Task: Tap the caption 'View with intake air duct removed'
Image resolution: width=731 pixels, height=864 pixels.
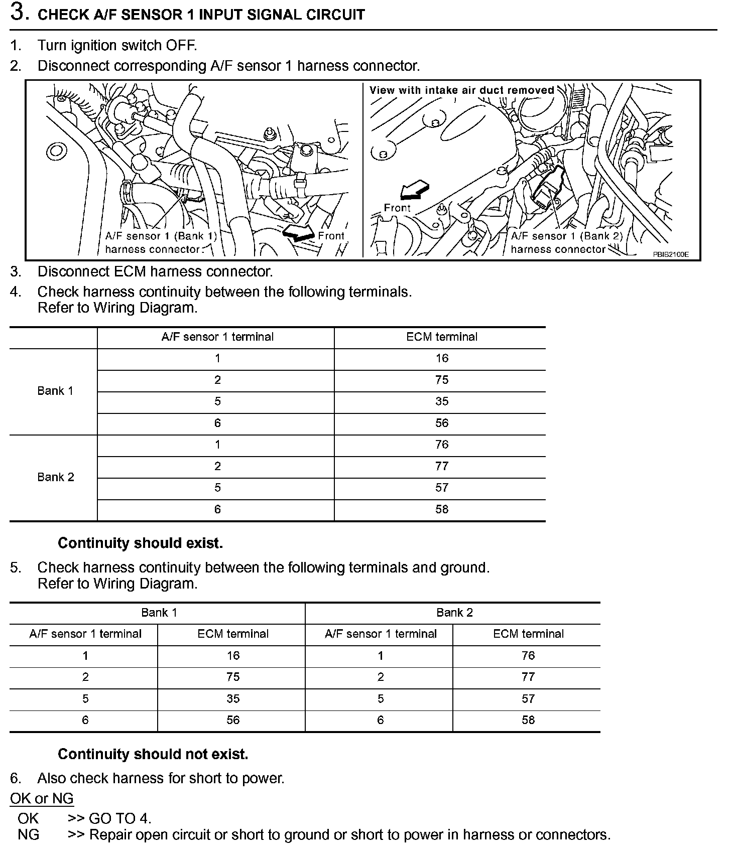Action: pos(461,90)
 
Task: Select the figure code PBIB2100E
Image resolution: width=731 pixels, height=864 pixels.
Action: pos(671,254)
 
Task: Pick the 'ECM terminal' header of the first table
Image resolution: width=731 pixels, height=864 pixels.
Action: pos(442,337)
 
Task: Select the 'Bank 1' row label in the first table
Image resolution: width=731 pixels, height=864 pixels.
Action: pos(55,391)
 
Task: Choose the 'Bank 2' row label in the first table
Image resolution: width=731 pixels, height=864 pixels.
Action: pos(55,477)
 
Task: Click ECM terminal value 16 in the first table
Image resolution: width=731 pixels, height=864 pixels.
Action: pos(442,358)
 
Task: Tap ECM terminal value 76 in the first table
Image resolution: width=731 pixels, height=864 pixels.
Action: pos(442,445)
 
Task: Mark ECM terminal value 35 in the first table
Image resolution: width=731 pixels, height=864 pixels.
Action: pos(442,401)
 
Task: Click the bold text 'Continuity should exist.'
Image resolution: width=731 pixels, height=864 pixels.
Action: pos(140,543)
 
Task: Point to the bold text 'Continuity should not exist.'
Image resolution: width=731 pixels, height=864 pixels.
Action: pos(153,754)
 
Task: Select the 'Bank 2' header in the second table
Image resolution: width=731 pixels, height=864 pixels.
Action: pos(454,613)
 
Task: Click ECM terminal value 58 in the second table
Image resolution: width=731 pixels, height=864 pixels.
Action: pos(528,720)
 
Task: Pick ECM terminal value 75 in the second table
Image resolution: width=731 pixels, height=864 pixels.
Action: pos(233,677)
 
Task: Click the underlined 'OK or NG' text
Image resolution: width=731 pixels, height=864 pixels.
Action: pos(42,798)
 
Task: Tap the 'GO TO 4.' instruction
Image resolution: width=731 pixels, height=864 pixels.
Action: pos(119,818)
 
